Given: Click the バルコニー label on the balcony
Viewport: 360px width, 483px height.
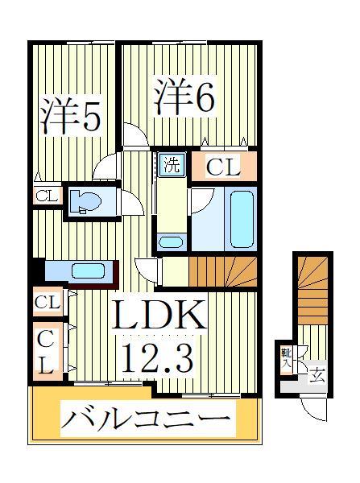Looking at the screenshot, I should point(146,418).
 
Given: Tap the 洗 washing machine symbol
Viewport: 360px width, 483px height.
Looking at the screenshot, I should point(172,165).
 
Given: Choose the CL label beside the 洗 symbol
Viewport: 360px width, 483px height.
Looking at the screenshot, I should point(223,167).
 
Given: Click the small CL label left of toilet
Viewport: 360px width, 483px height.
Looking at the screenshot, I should point(45,196).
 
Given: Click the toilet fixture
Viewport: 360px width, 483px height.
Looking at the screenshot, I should point(84,201).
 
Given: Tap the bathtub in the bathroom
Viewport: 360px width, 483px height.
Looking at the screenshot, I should point(241,217).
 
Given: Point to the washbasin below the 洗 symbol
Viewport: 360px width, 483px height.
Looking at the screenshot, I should point(170,241).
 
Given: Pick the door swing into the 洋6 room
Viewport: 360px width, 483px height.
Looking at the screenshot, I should point(136,134).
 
